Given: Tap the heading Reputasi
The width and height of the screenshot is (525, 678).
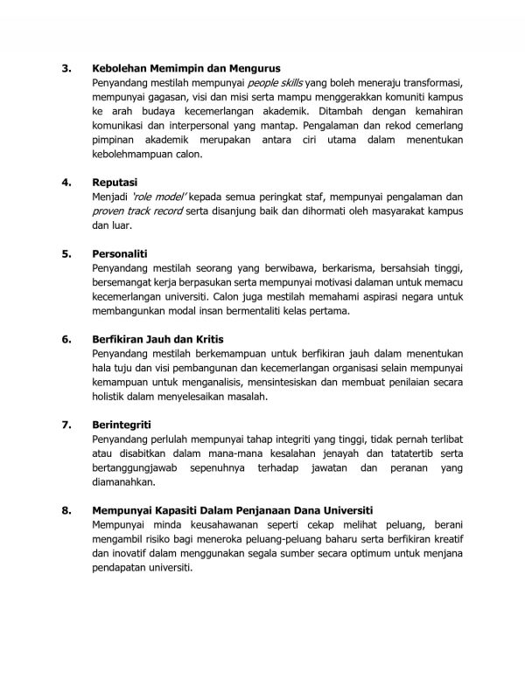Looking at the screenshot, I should [x=118, y=183].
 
